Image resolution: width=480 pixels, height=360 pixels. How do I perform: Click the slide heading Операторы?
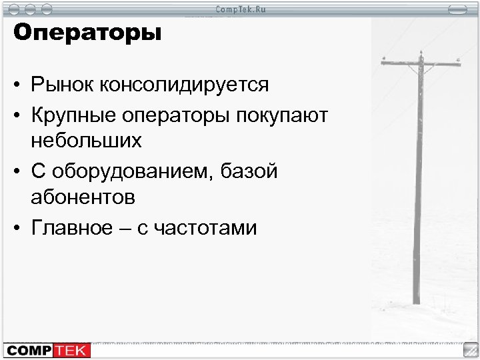point(87,34)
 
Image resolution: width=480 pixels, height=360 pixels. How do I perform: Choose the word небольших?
point(85,143)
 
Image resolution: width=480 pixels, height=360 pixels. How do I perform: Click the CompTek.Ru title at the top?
point(240,9)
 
